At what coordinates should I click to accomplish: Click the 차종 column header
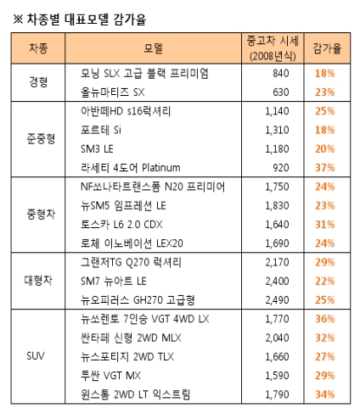click(38, 48)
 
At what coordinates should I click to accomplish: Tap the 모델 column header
click(153, 48)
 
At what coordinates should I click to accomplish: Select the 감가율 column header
click(327, 48)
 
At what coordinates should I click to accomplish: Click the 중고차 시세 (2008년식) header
click(273, 48)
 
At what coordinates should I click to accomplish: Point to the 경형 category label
click(38, 82)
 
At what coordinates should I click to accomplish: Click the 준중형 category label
click(41, 139)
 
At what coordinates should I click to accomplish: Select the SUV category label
click(36, 356)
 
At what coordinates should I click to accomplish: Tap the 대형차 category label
click(38, 281)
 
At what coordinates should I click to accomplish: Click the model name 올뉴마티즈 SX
click(113, 92)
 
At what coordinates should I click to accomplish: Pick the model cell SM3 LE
click(97, 148)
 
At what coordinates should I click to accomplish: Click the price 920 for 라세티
click(281, 168)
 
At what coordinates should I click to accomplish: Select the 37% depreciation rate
click(325, 168)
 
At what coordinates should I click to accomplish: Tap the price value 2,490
click(277, 300)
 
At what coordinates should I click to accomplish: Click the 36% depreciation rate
click(325, 319)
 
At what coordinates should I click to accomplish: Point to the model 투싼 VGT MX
click(110, 376)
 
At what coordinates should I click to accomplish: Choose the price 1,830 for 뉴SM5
click(277, 205)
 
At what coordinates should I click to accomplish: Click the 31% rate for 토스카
click(325, 225)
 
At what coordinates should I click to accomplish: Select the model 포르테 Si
click(101, 130)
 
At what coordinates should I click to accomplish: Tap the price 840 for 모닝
click(281, 73)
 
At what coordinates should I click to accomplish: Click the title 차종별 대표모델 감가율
click(86, 20)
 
